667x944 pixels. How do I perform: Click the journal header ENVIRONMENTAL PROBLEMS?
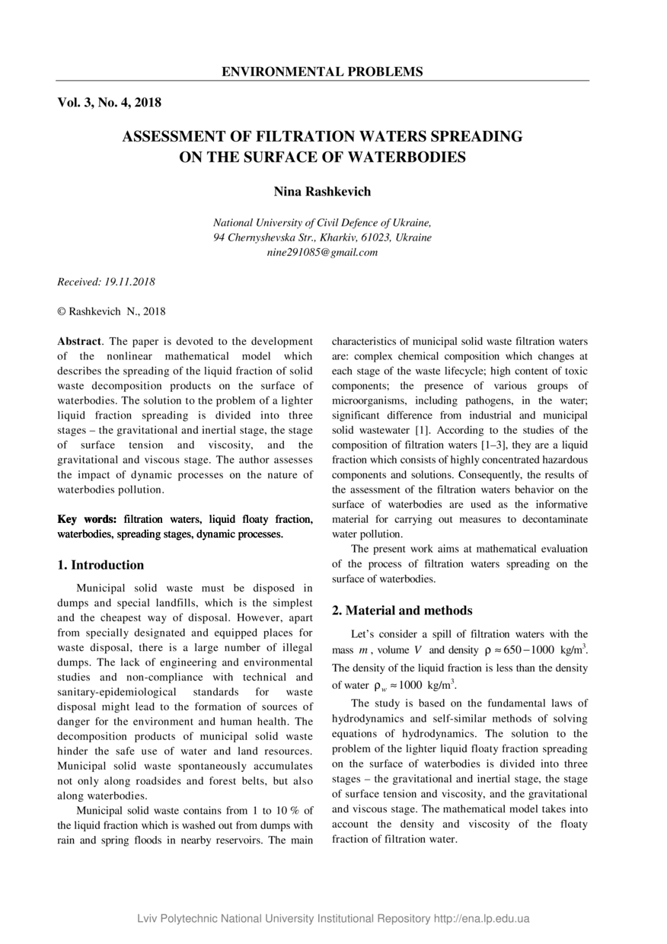pos(322,72)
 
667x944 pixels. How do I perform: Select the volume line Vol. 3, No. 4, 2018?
pos(109,102)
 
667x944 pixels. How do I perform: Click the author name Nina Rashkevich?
pos(322,192)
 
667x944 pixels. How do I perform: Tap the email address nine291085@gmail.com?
pos(322,252)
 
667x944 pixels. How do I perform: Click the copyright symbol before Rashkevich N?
pos(62,311)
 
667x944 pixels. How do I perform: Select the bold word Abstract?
pos(79,342)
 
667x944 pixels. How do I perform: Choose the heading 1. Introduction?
pos(101,565)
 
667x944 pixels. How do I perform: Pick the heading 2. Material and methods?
pos(402,611)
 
